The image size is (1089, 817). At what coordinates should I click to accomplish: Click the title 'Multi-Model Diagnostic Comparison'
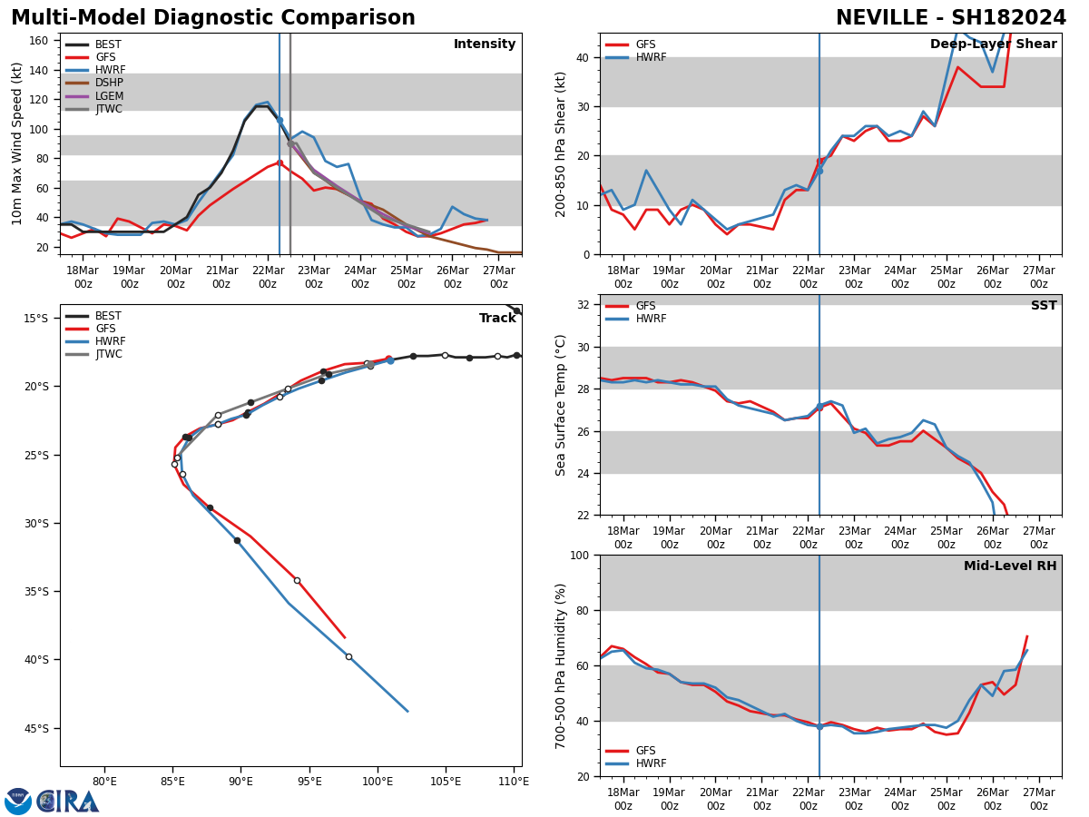213,18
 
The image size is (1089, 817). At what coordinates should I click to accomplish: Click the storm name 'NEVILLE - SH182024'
950,18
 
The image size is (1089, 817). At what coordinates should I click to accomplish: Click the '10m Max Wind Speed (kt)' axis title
17,143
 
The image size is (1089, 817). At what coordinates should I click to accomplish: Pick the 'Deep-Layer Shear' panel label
993,44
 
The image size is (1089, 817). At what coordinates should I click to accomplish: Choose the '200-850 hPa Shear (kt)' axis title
561,143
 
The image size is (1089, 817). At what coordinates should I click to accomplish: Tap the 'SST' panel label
1043,306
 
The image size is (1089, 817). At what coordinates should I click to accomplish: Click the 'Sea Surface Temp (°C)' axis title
561,405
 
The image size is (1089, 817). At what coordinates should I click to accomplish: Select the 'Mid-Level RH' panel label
1010,566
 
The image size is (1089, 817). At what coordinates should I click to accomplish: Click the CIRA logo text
68,802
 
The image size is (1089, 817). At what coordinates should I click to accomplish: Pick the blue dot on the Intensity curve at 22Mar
280,120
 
